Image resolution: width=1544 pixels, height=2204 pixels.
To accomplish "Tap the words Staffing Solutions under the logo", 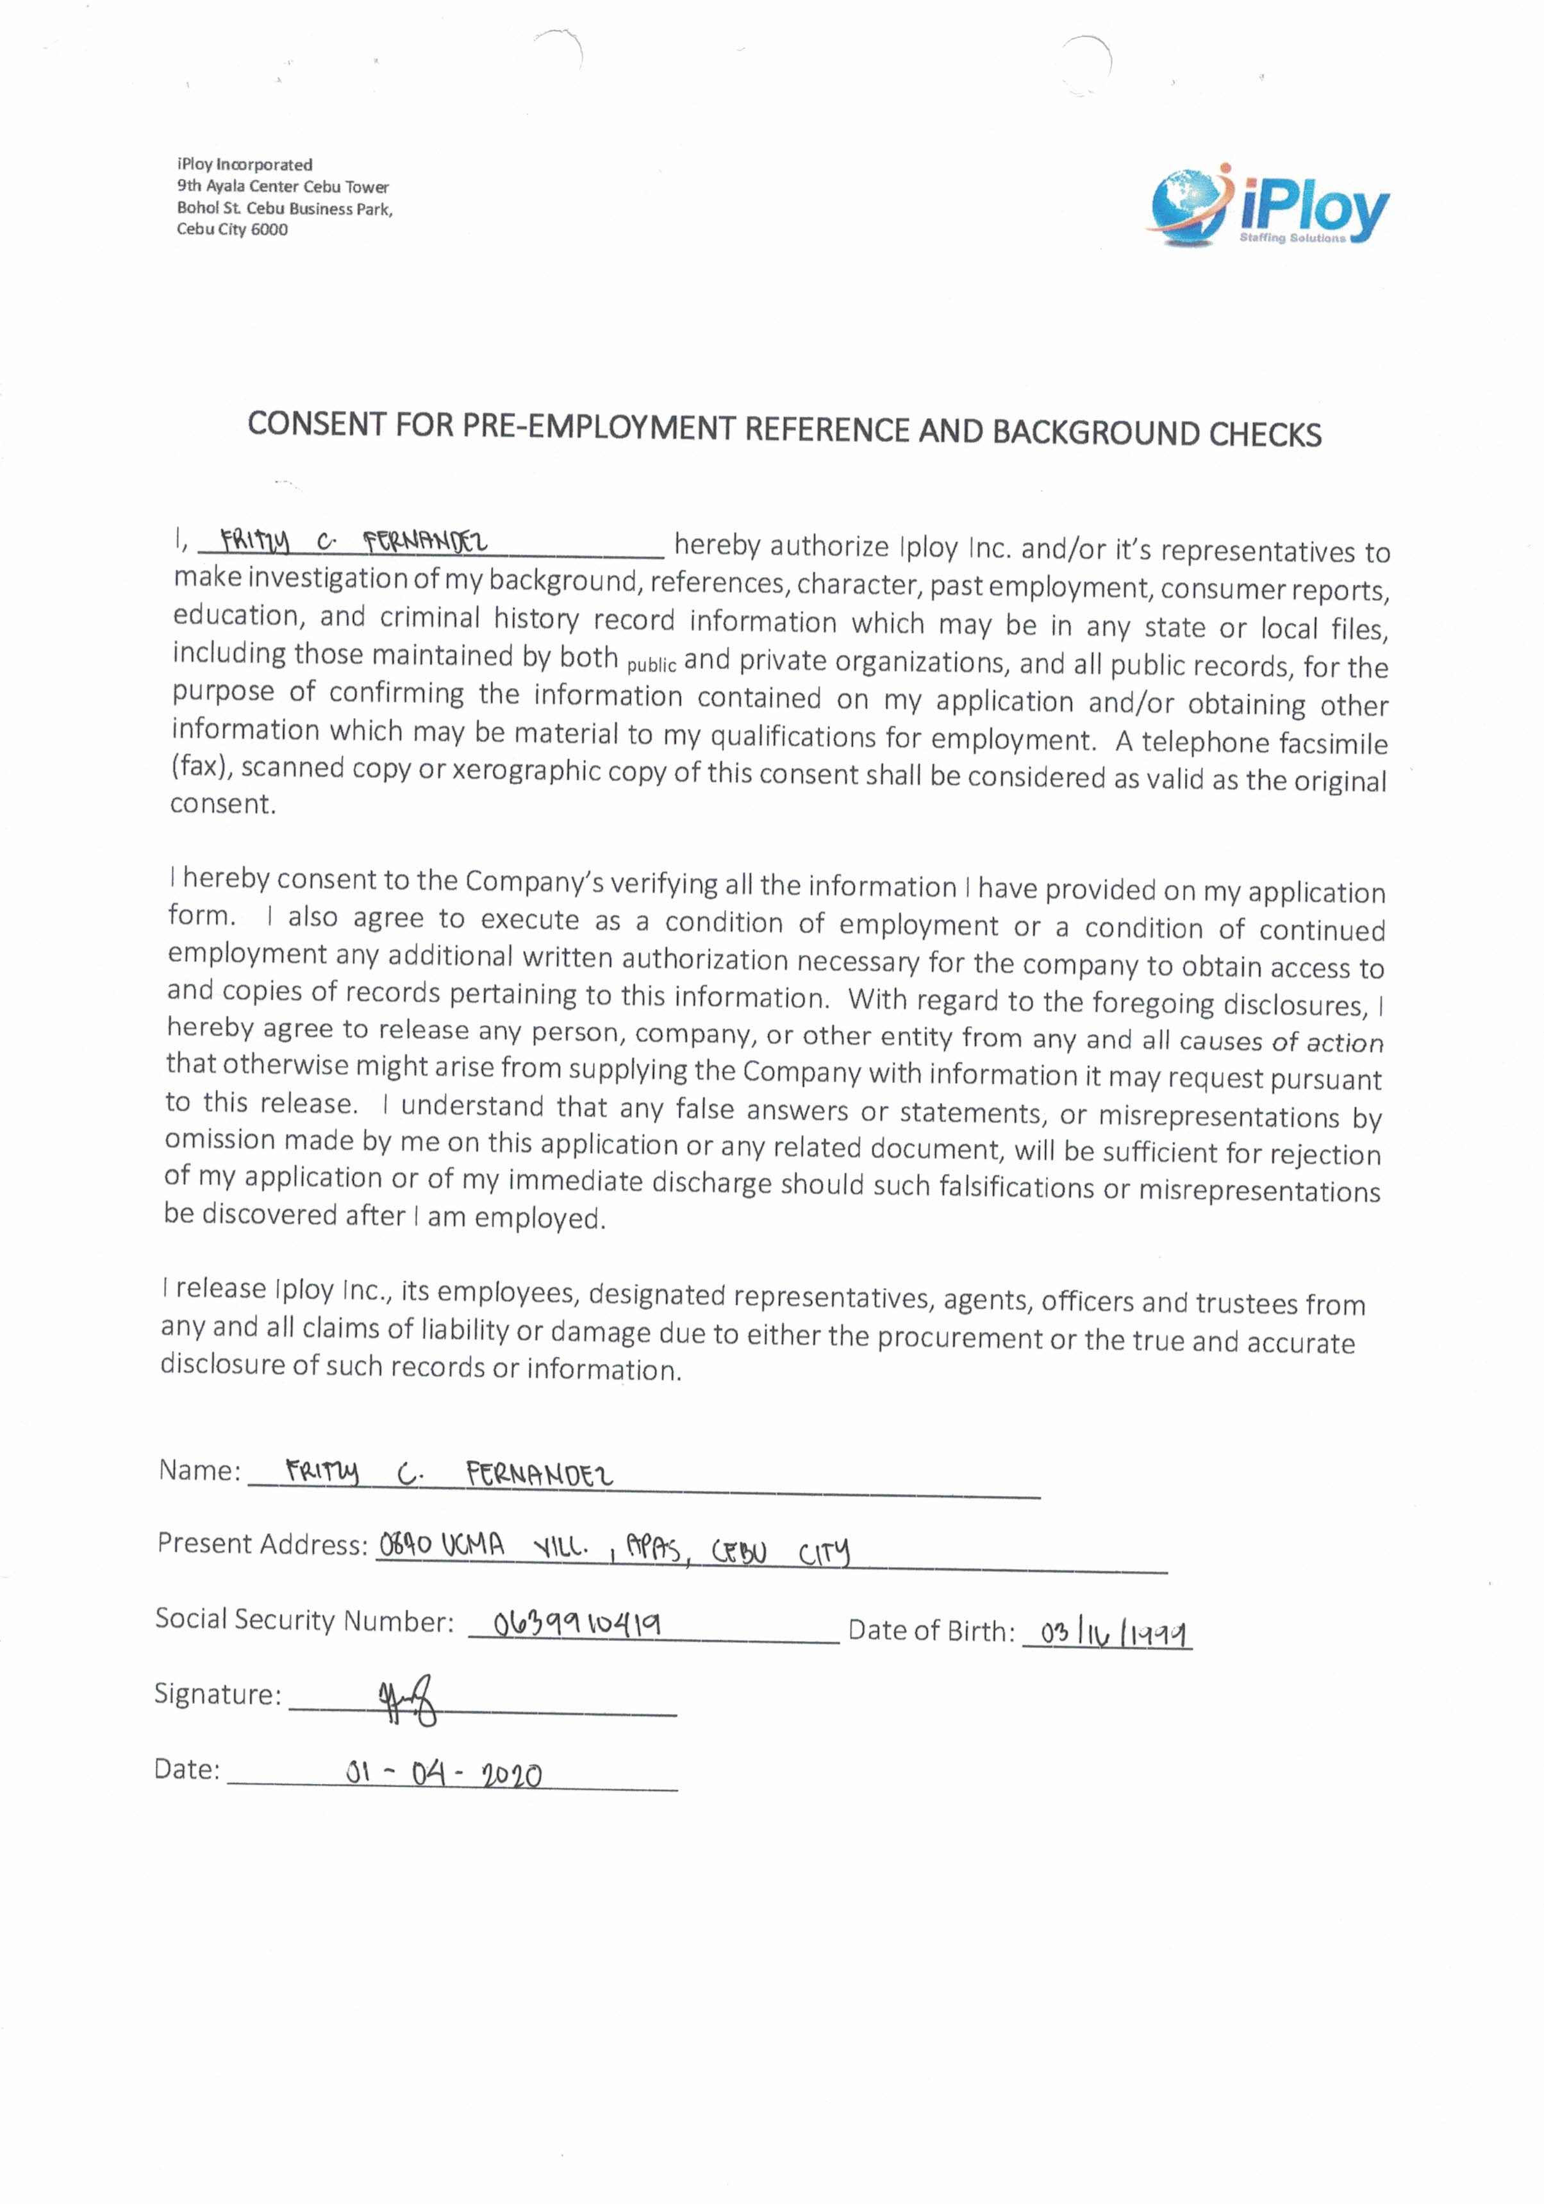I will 1291,238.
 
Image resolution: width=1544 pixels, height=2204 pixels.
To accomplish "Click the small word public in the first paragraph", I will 652,665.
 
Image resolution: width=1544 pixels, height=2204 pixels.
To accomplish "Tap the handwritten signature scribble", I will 408,1702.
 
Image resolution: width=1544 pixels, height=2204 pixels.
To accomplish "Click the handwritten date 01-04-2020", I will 444,1774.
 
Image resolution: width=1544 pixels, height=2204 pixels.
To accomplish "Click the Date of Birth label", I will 931,1631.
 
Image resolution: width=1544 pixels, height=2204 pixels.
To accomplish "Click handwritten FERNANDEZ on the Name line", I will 539,1474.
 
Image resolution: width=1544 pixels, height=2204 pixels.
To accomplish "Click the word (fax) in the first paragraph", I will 203,768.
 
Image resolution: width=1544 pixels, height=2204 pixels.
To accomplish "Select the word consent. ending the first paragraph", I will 222,804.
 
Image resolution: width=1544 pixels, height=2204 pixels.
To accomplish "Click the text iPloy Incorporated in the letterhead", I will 245,165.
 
